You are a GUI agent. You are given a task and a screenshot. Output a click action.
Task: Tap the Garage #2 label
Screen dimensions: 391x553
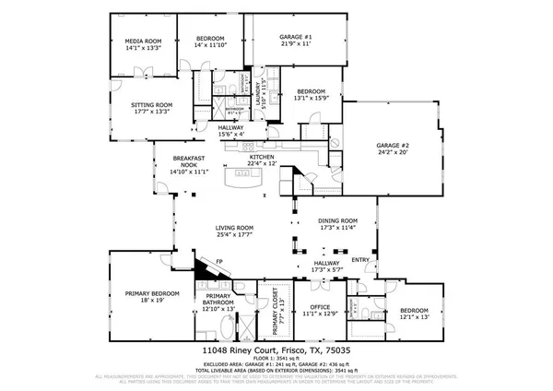point(392,146)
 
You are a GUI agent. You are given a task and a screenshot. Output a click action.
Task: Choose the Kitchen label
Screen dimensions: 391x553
point(262,158)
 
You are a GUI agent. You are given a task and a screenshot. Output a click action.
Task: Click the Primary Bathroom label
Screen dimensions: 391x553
point(218,300)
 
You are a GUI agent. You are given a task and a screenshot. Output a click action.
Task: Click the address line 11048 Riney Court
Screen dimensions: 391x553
point(276,351)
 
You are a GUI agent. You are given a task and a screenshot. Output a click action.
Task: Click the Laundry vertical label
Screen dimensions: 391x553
point(257,89)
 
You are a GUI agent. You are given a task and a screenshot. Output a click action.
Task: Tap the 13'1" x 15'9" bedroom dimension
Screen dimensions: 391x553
point(311,98)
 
